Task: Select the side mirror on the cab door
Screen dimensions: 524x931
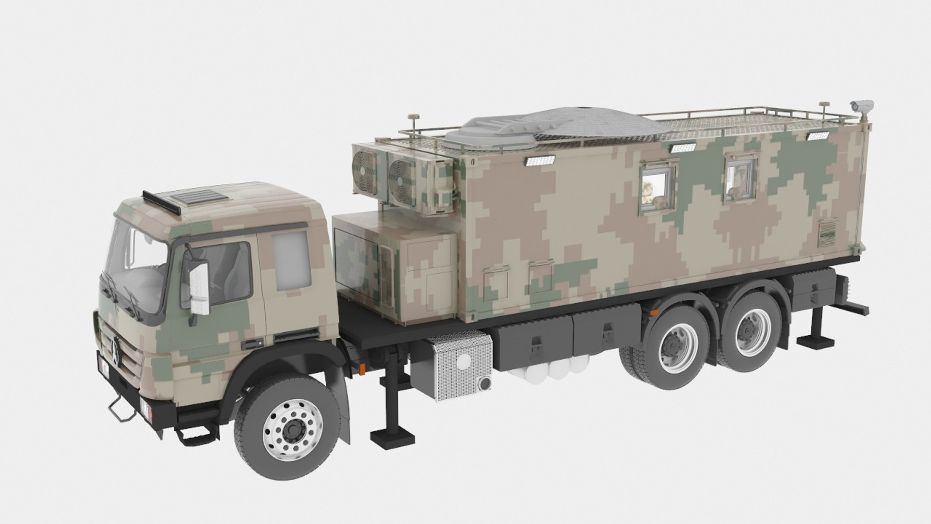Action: pyautogui.click(x=199, y=286)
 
